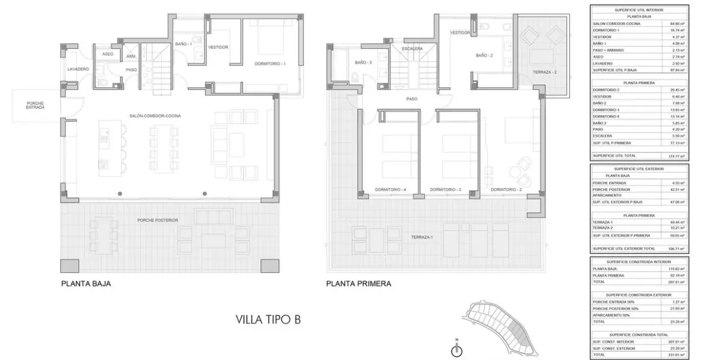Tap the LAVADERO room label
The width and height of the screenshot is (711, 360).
click(x=78, y=70)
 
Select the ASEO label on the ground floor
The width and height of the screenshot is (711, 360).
click(x=107, y=54)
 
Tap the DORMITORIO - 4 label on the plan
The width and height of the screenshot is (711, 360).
click(x=391, y=190)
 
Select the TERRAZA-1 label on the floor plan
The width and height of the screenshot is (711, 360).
click(x=421, y=237)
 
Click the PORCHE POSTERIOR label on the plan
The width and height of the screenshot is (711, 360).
click(x=157, y=220)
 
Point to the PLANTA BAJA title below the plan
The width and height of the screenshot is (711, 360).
click(x=86, y=284)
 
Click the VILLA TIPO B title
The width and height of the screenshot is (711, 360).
click(x=268, y=319)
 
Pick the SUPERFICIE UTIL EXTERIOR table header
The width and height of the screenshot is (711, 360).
click(x=638, y=168)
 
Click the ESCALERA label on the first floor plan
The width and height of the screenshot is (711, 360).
click(x=412, y=49)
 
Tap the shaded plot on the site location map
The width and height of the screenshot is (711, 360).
click(x=519, y=333)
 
